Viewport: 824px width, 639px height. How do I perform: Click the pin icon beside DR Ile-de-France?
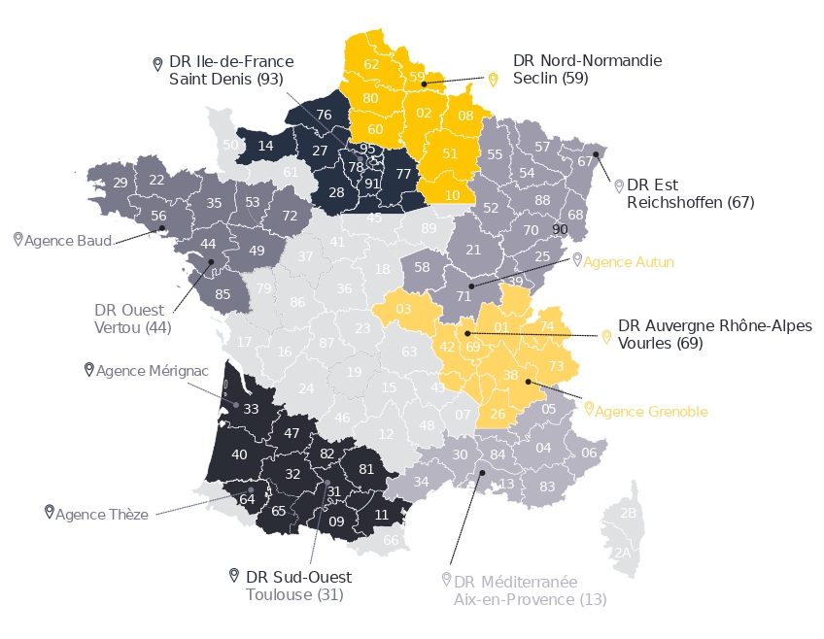click(158, 64)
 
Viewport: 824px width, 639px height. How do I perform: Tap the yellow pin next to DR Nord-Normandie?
click(493, 80)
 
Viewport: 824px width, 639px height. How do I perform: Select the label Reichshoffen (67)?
click(690, 202)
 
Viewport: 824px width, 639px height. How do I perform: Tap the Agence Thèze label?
click(102, 514)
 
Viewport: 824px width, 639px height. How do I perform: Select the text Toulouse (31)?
click(294, 594)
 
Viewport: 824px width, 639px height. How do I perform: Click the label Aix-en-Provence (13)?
click(530, 599)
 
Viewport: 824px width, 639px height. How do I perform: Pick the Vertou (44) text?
click(132, 327)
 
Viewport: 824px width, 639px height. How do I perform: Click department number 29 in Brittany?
click(120, 183)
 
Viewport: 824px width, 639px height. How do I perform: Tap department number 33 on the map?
click(251, 409)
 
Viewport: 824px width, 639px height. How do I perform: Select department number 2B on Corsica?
click(628, 512)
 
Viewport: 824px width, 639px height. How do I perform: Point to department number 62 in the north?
click(371, 64)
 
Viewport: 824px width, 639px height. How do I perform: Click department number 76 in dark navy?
click(324, 115)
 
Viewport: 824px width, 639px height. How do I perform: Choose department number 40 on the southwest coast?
click(239, 454)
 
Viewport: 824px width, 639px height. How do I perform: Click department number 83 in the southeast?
click(547, 486)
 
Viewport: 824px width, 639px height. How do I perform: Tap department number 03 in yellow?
click(403, 309)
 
